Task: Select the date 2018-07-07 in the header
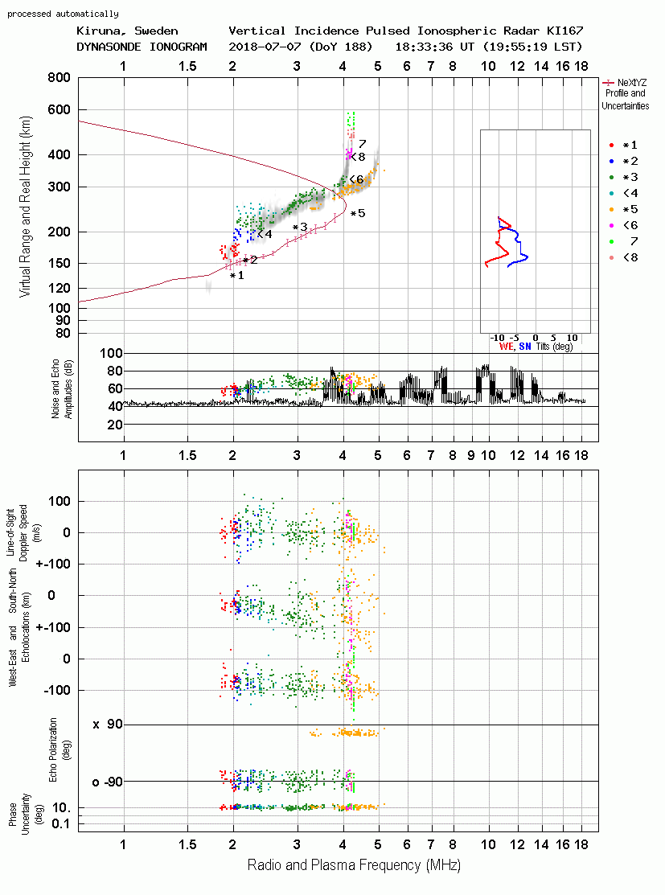pyautogui.click(x=265, y=46)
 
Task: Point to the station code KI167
pyautogui.click(x=564, y=31)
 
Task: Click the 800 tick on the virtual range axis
pyautogui.click(x=59, y=77)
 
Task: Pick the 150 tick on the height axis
pyautogui.click(x=59, y=263)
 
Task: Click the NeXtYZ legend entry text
pyautogui.click(x=632, y=82)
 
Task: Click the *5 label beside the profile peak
pyautogui.click(x=358, y=213)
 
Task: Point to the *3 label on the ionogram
pyautogui.click(x=300, y=228)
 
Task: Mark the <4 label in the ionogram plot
pyautogui.click(x=265, y=234)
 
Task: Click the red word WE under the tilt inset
pyautogui.click(x=506, y=347)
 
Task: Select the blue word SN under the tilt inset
pyautogui.click(x=525, y=347)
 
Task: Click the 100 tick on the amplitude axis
pyautogui.click(x=111, y=353)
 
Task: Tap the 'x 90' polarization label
pyautogui.click(x=108, y=725)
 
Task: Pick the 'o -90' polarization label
pyautogui.click(x=108, y=782)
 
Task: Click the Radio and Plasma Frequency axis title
pyautogui.click(x=354, y=865)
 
